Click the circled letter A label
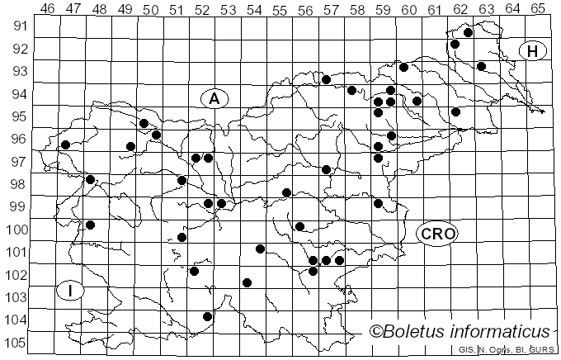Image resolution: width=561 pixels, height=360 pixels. tap(214, 99)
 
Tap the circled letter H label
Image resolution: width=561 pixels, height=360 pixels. tap(533, 51)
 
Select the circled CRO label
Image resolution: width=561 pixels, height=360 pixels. tap(436, 234)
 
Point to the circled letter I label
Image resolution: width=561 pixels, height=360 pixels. tap(71, 291)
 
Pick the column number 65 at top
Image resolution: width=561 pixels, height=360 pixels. tap(538, 8)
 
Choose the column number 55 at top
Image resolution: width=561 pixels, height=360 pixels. tap(280, 8)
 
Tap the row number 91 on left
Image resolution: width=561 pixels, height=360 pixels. tap(18, 26)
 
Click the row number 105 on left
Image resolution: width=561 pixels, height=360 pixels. tap(15, 343)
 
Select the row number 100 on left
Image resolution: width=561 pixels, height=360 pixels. tap(15, 230)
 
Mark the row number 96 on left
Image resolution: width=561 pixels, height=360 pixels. tap(18, 140)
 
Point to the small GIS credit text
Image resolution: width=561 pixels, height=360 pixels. tap(466, 350)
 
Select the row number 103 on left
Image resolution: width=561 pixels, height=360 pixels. tap(15, 297)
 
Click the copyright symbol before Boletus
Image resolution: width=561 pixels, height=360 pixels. tap(376, 332)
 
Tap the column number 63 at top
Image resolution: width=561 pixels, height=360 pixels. tap(486, 8)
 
